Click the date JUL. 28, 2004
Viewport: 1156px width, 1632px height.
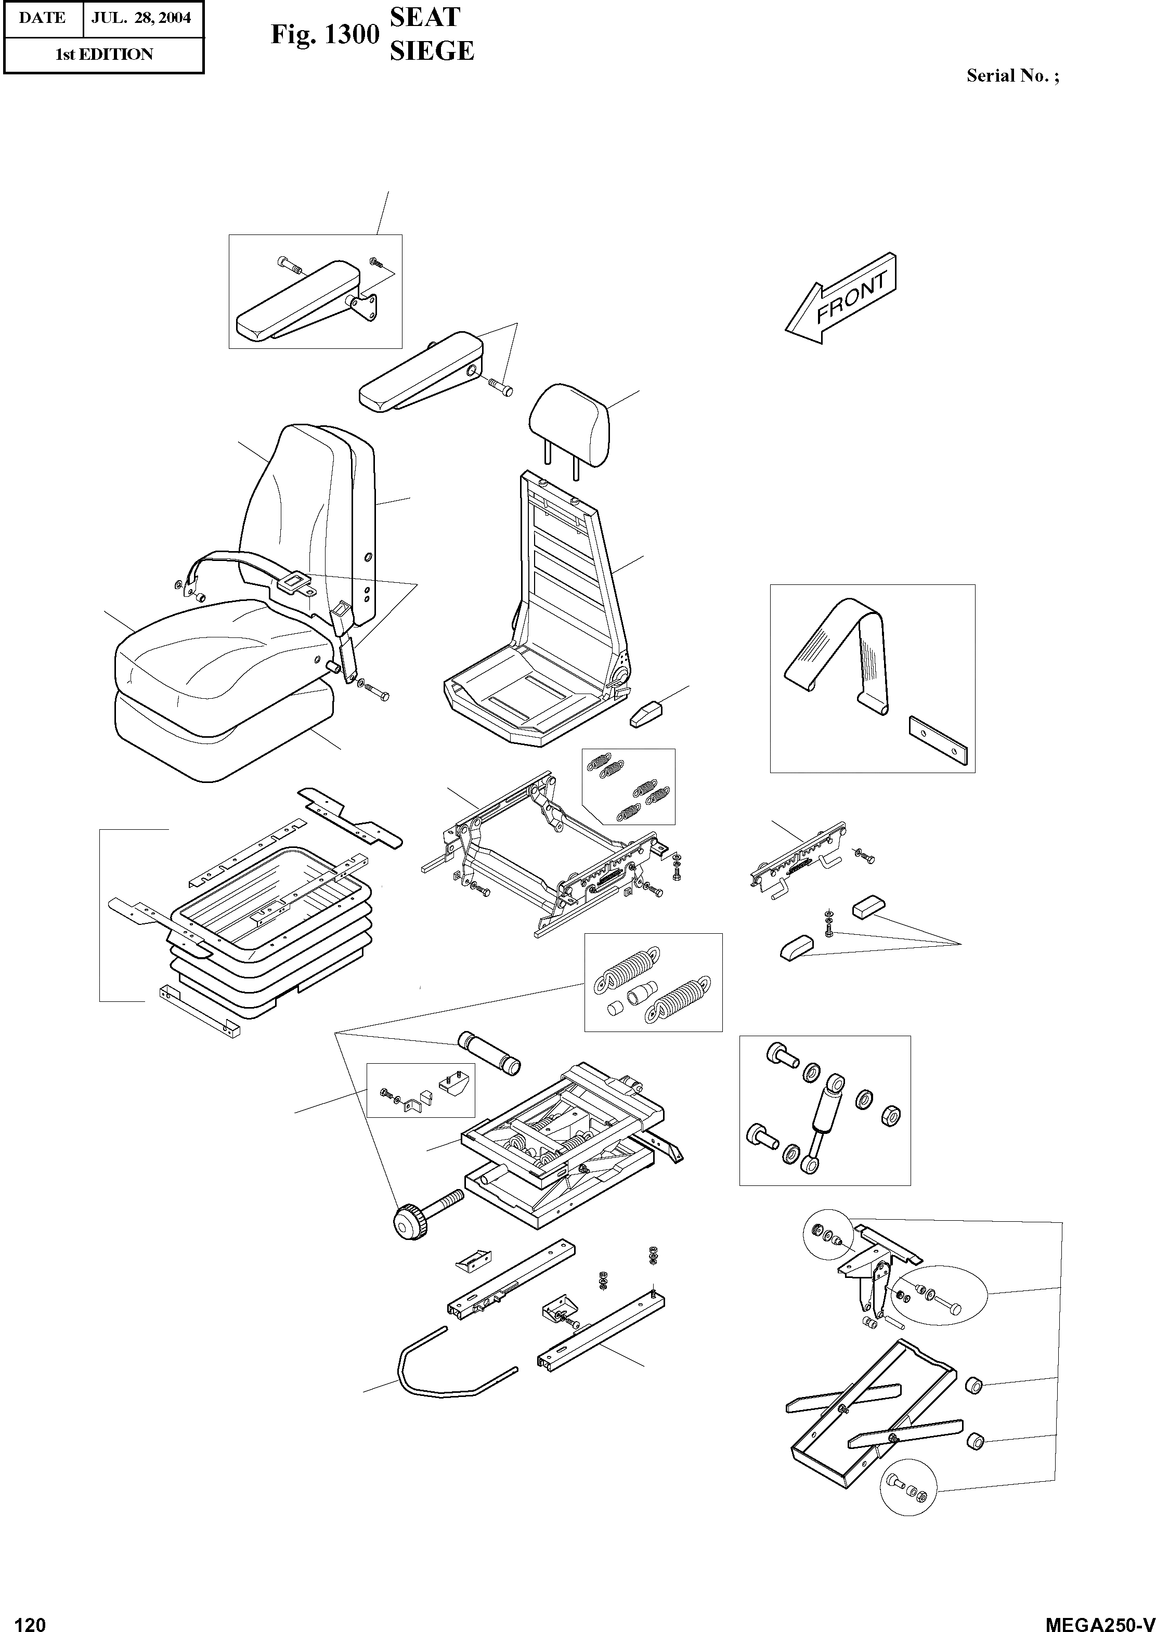pos(141,17)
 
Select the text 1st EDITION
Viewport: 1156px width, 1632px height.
pos(104,55)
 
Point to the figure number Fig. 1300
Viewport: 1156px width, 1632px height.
pos(324,35)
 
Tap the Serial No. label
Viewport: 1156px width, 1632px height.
pos(1011,76)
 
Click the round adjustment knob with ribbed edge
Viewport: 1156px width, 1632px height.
pos(409,1221)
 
